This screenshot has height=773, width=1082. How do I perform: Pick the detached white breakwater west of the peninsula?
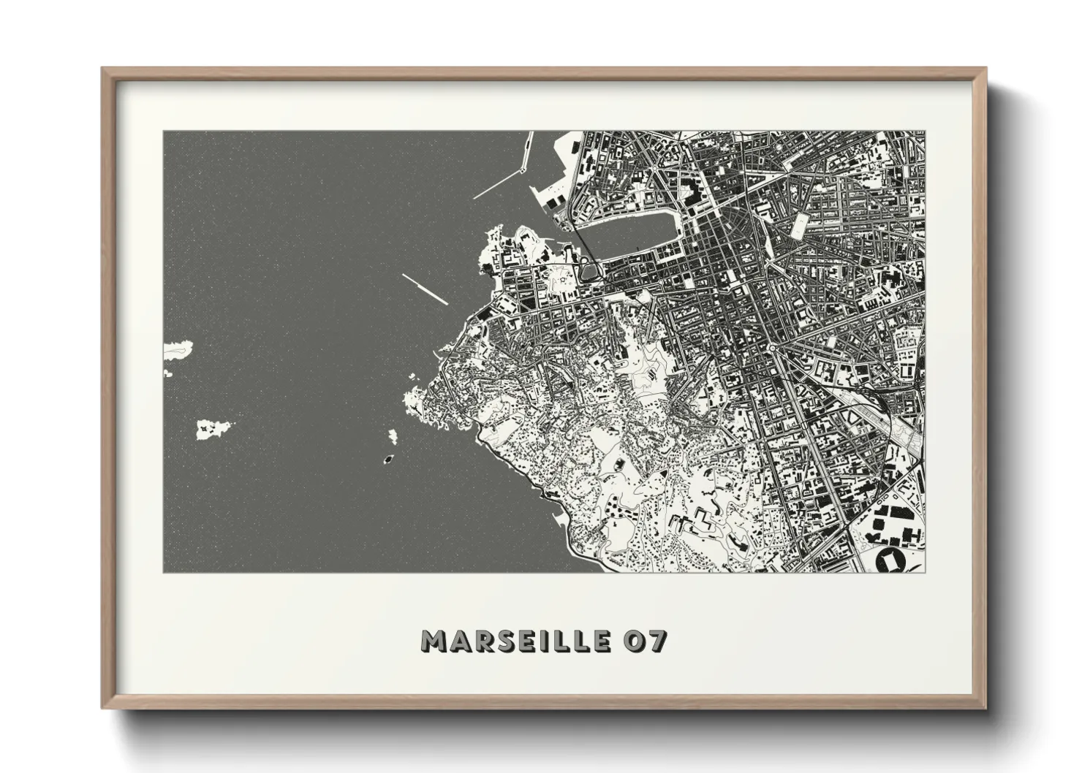[424, 288]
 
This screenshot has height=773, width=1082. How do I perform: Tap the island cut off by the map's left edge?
[177, 350]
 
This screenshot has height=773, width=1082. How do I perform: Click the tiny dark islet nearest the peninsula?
[387, 460]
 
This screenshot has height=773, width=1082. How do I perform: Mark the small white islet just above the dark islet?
[393, 437]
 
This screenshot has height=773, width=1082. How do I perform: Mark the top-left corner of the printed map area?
[164, 132]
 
